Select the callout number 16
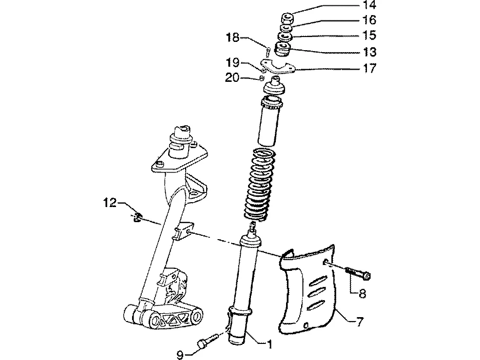coord(369,20)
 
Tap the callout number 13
coord(369,52)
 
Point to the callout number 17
coord(369,68)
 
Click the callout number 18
coord(232,38)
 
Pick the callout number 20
coord(232,78)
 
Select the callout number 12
coord(110,202)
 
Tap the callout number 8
coord(362,294)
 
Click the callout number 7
coord(360,322)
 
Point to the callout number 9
coord(181,355)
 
